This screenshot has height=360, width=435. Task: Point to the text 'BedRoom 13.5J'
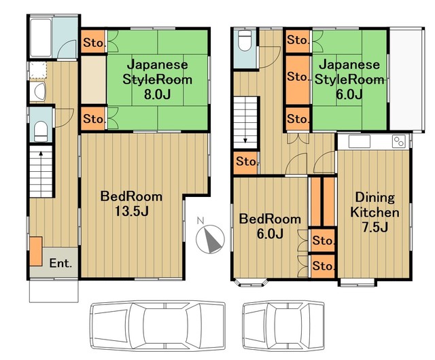pyautogui.click(x=131, y=204)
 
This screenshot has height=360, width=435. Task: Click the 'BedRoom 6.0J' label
pyautogui.click(x=270, y=227)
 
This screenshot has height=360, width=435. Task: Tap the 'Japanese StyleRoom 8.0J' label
pyautogui.click(x=156, y=79)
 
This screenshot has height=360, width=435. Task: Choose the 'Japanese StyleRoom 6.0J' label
pyautogui.click(x=349, y=79)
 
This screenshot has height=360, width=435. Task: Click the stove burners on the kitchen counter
pyautogui.click(x=398, y=142)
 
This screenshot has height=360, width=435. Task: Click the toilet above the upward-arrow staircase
pyautogui.click(x=41, y=128)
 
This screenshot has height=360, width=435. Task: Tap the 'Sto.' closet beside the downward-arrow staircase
pyautogui.click(x=246, y=162)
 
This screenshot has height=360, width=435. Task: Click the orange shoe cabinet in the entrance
pyautogui.click(x=36, y=251)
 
